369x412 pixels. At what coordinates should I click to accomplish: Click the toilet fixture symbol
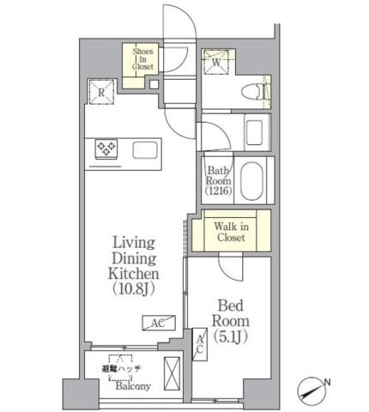pos(251,92)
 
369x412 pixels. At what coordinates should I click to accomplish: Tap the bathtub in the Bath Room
pos(251,180)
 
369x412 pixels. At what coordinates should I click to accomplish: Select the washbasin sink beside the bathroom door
pos(254,132)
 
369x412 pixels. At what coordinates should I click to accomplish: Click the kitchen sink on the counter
pos(145,150)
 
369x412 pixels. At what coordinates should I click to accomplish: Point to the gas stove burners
pos(106,148)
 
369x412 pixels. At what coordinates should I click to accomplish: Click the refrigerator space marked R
pos(101,92)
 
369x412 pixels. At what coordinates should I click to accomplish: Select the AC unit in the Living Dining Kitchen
pos(159,323)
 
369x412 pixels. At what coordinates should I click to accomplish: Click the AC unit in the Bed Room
pos(200,344)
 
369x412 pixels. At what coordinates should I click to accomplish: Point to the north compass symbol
pos(312,391)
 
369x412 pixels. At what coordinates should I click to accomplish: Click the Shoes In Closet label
pos(142,59)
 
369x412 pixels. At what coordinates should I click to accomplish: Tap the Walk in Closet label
pos(231,232)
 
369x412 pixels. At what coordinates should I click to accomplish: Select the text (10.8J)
pos(134,289)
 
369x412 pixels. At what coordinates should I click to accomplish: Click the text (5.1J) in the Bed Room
pos(231,336)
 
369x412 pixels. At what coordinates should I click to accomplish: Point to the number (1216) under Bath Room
pos(219,191)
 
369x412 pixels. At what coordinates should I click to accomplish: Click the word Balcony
pos(133,386)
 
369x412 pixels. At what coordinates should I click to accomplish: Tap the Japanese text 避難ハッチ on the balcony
pos(121,368)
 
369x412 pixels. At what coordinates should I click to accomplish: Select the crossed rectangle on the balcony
pos(172,373)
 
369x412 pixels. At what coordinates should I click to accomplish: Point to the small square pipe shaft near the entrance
pos(154,84)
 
